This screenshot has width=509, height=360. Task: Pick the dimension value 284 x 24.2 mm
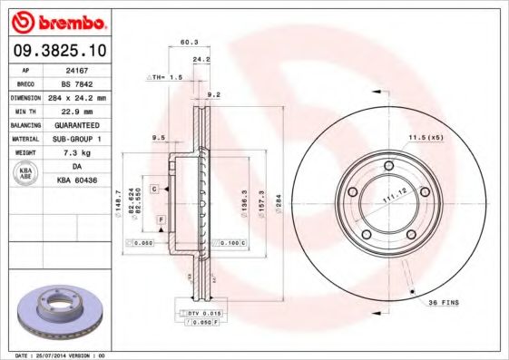coord(80,96)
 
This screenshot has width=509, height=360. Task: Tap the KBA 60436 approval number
coord(80,180)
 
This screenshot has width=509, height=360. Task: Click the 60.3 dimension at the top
coord(189,42)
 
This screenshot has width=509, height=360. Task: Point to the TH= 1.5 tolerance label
coord(166,78)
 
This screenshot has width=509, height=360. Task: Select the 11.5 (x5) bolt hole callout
coord(424,137)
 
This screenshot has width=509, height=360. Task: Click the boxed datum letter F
coord(161,219)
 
